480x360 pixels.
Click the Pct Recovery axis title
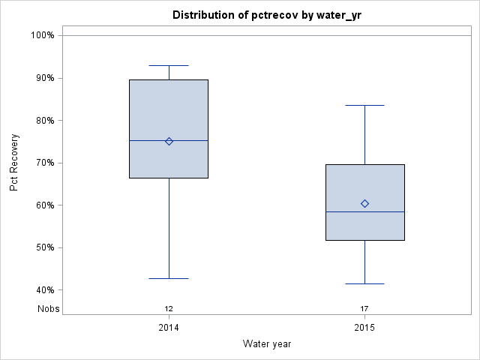14,163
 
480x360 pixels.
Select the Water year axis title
267,344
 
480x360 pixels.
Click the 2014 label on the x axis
169,328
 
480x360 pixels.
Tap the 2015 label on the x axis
365,328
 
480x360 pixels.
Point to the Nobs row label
49,309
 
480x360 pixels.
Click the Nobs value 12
169,309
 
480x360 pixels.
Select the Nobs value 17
365,309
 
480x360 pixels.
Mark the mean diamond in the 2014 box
169,141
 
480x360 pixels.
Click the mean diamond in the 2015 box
365,204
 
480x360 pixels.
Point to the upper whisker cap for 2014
169,65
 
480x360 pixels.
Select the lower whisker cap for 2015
365,284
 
